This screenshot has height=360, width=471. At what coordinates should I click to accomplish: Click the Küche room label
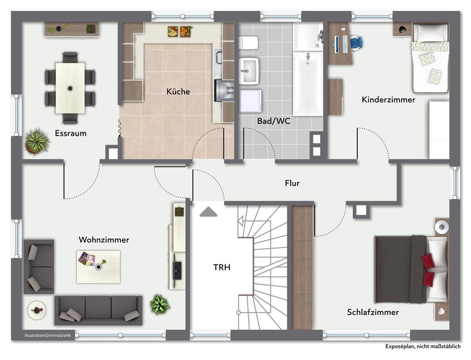[x=178, y=91]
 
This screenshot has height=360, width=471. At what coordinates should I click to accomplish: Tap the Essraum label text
[x=70, y=133]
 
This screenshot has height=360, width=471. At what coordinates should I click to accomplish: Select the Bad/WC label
[x=274, y=121]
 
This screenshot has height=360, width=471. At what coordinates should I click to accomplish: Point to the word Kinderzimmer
[x=388, y=100]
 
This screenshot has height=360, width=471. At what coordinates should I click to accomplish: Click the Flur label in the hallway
[x=292, y=183]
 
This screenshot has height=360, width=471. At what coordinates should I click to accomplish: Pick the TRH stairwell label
[x=222, y=267]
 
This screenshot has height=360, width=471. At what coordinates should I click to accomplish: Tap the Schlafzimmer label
[x=373, y=312]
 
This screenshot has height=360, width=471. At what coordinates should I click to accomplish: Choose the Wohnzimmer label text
[x=104, y=240]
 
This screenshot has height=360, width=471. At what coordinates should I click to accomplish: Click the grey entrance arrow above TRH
[x=208, y=211]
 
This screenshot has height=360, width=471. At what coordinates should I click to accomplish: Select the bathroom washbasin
[x=249, y=71]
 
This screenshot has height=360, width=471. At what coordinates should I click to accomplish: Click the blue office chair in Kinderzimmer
[x=356, y=42]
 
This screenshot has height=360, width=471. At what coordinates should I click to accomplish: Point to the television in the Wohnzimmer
[x=177, y=271]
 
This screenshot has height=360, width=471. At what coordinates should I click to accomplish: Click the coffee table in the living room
[x=98, y=267]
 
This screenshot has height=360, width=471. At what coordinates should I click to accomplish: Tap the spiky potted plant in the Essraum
[x=37, y=142]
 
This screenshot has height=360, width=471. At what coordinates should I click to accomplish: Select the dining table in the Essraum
[x=70, y=88]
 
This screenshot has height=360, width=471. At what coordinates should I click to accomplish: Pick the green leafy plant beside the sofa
[x=160, y=304]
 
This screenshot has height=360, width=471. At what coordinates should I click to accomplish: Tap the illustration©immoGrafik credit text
[x=48, y=335]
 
